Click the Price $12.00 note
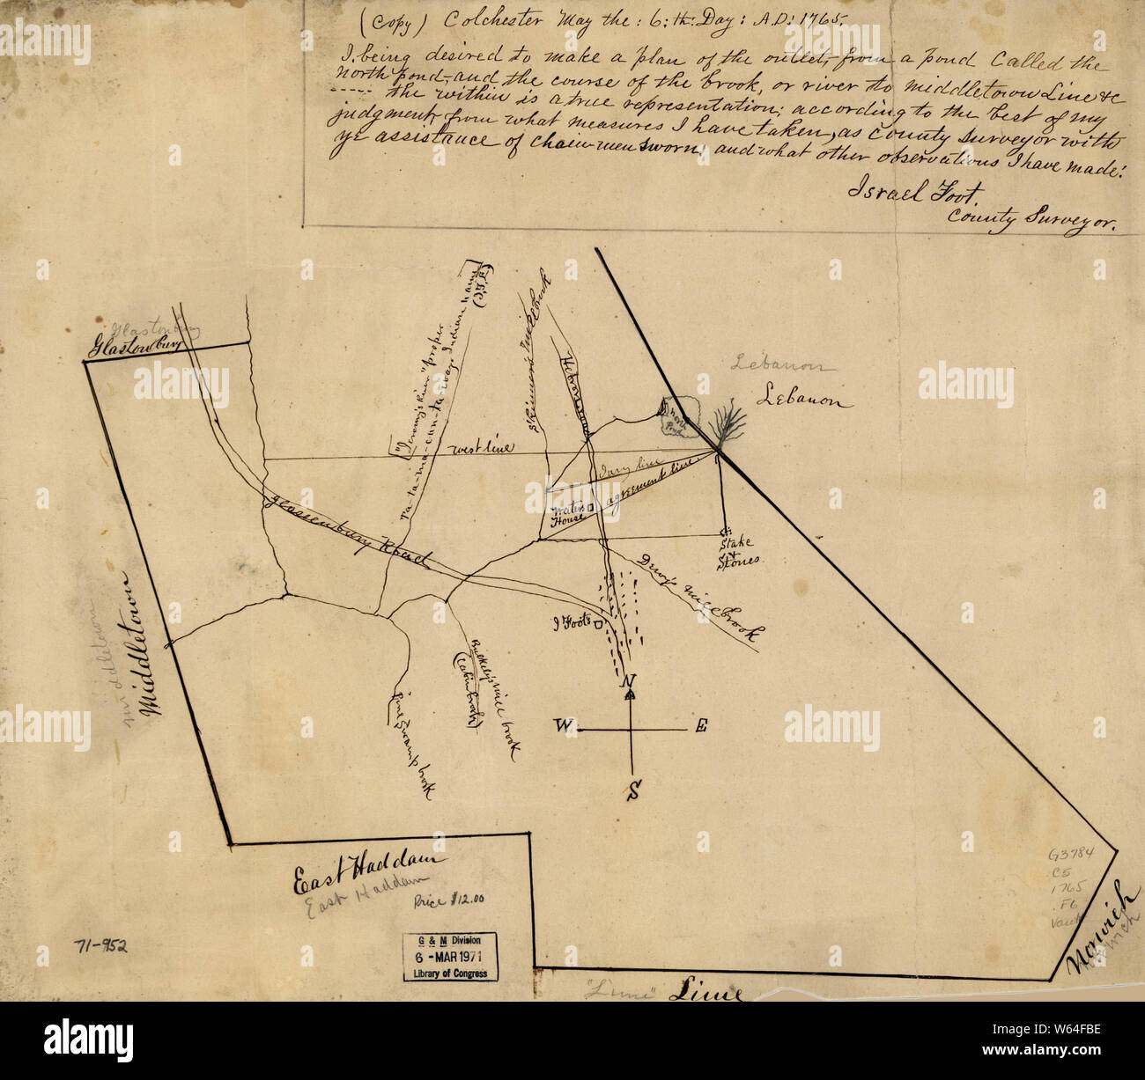(449, 900)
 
